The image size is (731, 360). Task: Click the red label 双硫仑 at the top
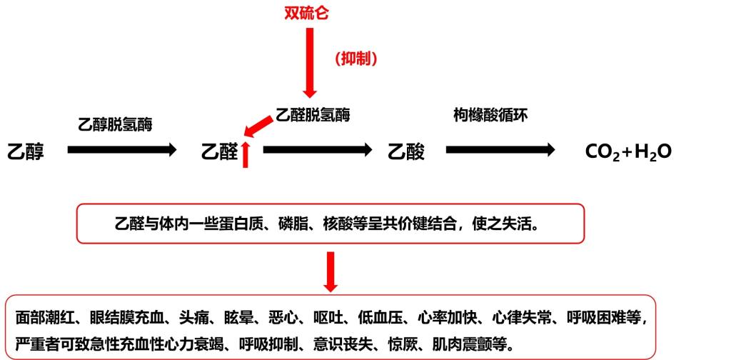click(x=307, y=13)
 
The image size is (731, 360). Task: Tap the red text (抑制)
click(x=356, y=59)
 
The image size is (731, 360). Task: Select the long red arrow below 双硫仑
click(x=310, y=62)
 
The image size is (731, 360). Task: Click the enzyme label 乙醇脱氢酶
click(x=115, y=124)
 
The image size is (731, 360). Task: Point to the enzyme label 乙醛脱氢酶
click(x=313, y=115)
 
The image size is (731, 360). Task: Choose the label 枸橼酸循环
click(x=490, y=115)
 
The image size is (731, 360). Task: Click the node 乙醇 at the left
click(x=26, y=152)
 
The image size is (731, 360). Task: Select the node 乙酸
click(x=406, y=152)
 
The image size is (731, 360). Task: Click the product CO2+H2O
click(x=628, y=152)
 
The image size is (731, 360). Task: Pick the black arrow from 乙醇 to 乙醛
click(x=122, y=150)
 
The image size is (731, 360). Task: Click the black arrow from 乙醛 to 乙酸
click(x=318, y=150)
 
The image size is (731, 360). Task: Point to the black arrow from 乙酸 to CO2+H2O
click(x=500, y=150)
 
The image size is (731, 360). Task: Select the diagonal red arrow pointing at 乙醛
click(x=258, y=127)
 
